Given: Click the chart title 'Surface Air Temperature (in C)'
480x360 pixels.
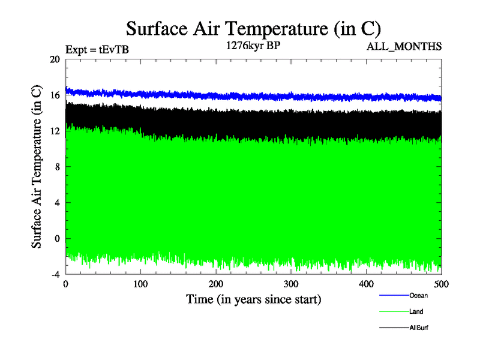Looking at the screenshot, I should [253, 28].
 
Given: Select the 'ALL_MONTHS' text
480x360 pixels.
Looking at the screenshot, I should [404, 46].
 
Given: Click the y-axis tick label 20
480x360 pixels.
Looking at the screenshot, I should [55, 59].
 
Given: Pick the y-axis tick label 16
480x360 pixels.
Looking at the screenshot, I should [55, 95].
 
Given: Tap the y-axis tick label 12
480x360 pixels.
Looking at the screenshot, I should [55, 131].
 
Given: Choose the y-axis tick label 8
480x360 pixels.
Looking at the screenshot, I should [57, 167].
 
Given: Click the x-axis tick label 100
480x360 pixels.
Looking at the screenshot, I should [140, 285].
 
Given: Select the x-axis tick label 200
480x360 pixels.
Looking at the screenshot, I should [216, 285].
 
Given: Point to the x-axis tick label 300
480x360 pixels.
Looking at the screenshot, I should [291, 285].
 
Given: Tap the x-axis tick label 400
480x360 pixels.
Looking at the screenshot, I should [366, 285].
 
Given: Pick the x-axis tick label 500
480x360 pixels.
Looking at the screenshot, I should [441, 285].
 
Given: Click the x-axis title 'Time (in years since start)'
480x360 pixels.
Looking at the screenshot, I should [253, 299].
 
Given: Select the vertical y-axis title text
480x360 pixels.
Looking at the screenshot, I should [37, 167].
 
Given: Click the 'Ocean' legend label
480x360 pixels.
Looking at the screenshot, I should [418, 295].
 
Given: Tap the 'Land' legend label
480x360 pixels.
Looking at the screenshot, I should [416, 311].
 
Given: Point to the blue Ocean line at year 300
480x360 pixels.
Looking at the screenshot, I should [291, 96].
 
